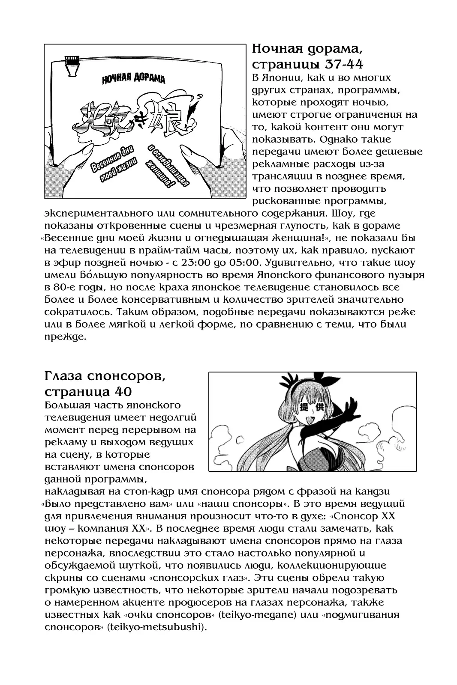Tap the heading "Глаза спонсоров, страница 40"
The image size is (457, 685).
(104, 384)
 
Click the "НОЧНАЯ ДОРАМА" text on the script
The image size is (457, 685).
(133, 79)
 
